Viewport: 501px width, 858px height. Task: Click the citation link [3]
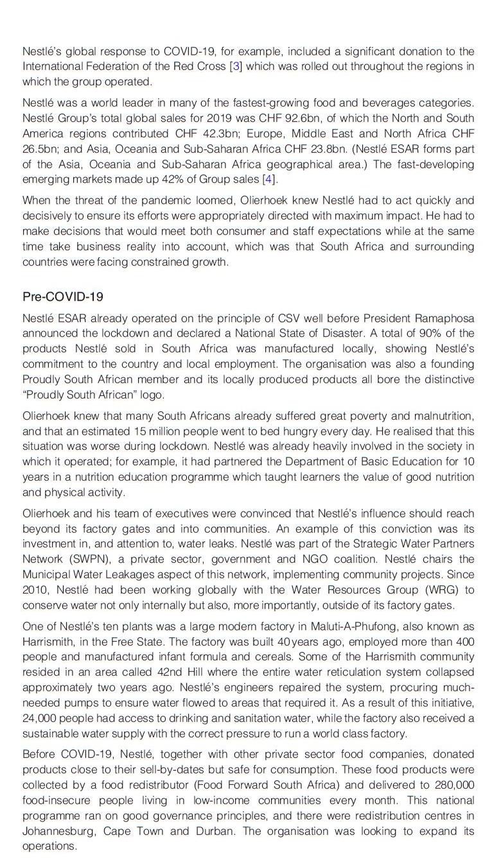tap(236, 66)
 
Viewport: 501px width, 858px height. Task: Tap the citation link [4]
tap(268, 179)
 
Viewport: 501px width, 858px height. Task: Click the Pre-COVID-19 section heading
tap(62, 296)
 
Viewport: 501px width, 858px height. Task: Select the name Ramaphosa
tap(444, 318)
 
